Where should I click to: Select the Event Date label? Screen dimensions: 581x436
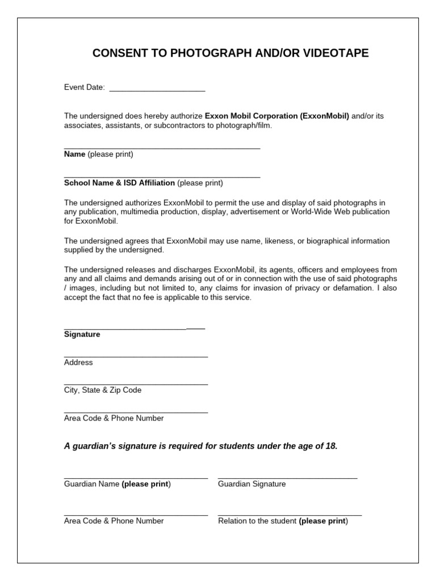click(84, 87)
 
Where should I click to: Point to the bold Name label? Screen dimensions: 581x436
click(74, 154)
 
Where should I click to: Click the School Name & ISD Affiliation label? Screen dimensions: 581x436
click(119, 183)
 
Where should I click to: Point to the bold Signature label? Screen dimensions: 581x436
click(82, 335)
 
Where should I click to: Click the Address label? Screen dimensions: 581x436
click(78, 363)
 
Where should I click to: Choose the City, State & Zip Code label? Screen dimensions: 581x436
click(103, 390)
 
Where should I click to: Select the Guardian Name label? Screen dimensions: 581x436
click(91, 484)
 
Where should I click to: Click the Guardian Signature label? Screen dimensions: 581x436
click(251, 484)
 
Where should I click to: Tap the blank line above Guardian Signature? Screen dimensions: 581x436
click(287, 478)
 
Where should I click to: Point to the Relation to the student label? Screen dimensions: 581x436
click(257, 521)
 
